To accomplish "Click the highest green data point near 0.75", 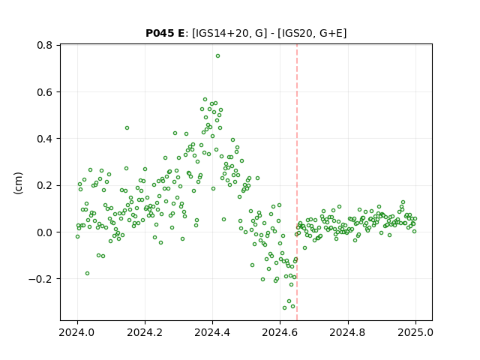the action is (217, 56).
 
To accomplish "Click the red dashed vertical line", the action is (297, 182).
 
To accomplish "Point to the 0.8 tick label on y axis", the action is (44, 45).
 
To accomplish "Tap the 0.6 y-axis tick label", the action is (44, 92).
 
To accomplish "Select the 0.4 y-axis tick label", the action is (44, 139).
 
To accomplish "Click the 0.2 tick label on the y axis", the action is (44, 185).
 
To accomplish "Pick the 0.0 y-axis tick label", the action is (44, 232).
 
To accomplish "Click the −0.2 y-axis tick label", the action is (40, 279).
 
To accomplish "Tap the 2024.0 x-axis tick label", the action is (77, 332).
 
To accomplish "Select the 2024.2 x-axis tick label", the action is (145, 332).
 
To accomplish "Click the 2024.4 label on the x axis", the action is (212, 332).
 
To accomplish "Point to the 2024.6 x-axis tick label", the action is (280, 332).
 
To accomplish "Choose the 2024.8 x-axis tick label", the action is (347, 332).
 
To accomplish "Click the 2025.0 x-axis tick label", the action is (415, 332).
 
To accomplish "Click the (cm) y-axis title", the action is (18, 183).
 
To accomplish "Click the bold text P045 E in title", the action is (165, 33).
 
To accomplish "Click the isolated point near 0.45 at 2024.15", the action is (127, 128).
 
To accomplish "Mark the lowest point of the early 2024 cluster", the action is (87, 273).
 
